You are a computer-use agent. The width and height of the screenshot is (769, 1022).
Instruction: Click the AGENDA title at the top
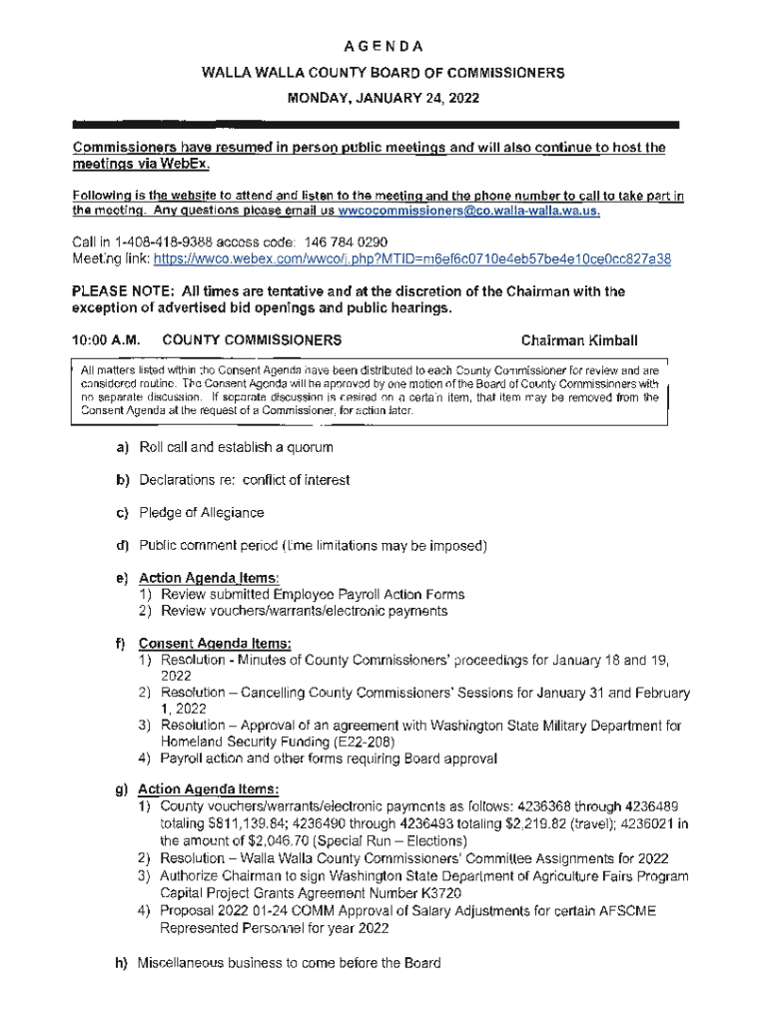pos(384,46)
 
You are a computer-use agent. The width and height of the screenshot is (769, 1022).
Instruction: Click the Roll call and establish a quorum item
pos(236,446)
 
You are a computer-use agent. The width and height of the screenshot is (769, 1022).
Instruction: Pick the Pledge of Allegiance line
pos(202,512)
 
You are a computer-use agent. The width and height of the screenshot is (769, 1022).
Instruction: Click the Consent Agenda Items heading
pos(214,644)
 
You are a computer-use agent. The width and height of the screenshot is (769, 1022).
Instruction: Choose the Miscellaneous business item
pos(290,964)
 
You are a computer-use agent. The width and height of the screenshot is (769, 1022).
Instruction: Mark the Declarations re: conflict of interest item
pos(245,479)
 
